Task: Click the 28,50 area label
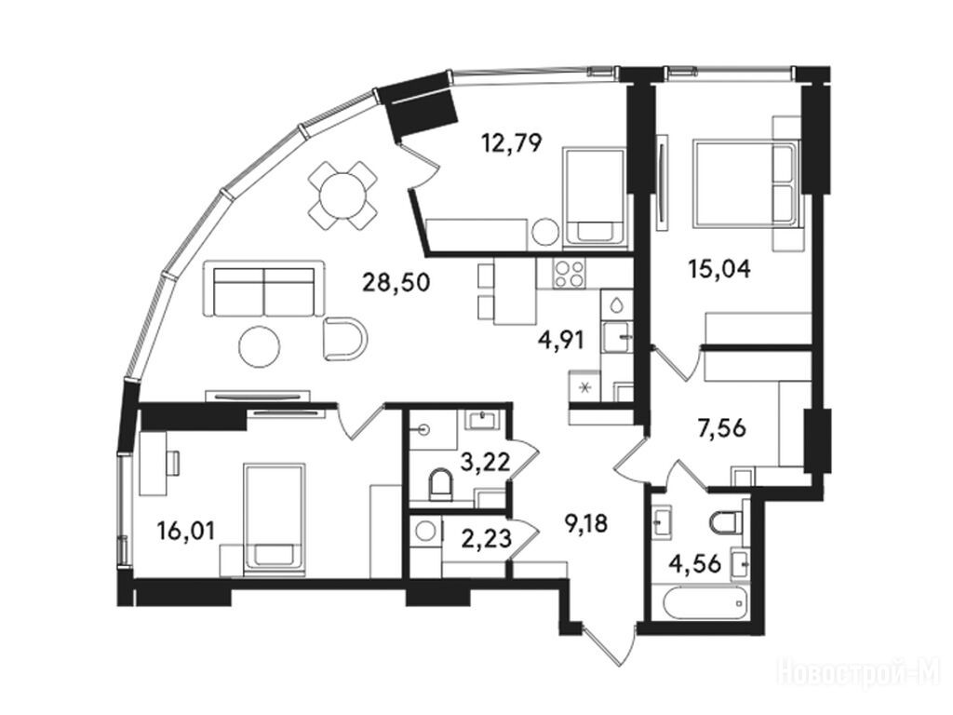[x=396, y=282]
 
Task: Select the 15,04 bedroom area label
[x=719, y=267]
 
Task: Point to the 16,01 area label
[x=186, y=532]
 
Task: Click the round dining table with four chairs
[x=342, y=196]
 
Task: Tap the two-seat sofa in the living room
[x=264, y=289]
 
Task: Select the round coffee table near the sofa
[x=260, y=346]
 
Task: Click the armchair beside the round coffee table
[x=345, y=339]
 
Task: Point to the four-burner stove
[x=569, y=273]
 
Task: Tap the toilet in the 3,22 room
[x=440, y=484]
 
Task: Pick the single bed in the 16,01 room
[x=275, y=519]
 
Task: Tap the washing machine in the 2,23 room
[x=425, y=532]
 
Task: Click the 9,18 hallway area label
[x=586, y=523]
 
